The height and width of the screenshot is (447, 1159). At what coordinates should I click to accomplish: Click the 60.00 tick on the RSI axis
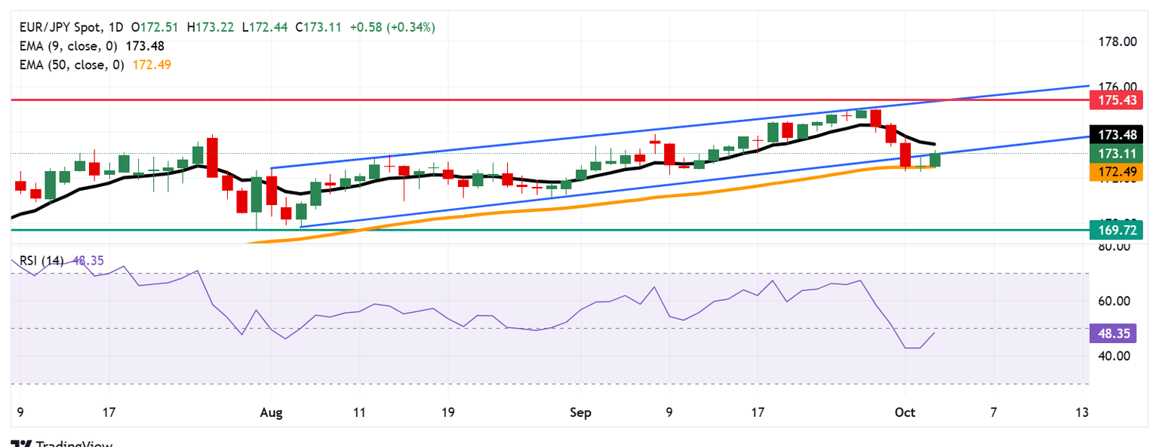tap(1111, 301)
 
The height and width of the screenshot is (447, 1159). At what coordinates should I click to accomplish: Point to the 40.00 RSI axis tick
tap(1111, 355)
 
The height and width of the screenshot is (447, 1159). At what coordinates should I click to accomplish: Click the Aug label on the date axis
tap(270, 412)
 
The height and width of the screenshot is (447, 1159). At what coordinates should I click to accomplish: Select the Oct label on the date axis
tap(904, 412)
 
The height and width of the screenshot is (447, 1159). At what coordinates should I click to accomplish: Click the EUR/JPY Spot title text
tap(56, 27)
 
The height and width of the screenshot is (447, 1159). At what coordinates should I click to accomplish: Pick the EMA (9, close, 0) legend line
tap(90, 46)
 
